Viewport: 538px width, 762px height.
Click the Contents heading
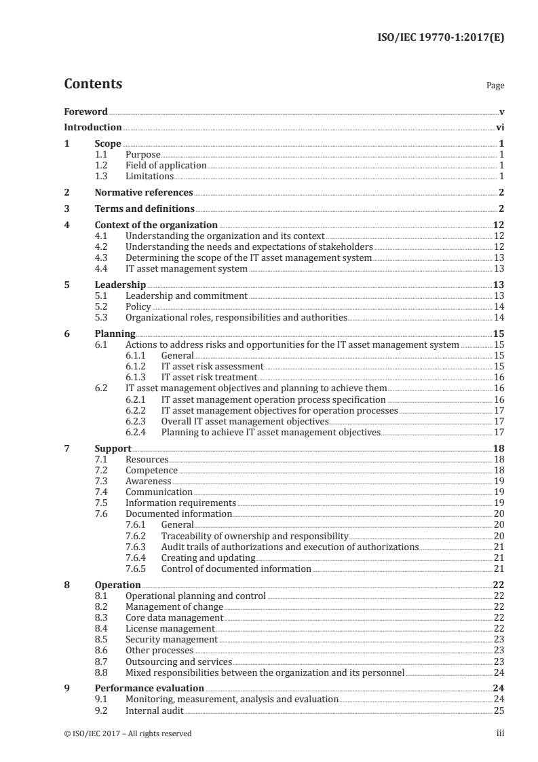[x=93, y=85]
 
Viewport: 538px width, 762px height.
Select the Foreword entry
[x=85, y=111]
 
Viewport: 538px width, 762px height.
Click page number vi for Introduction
[x=500, y=127]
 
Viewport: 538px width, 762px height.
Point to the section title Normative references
[x=144, y=192]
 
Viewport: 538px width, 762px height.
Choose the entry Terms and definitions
[x=145, y=208]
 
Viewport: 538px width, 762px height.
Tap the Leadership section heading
[x=120, y=285]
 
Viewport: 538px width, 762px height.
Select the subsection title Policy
[x=138, y=306]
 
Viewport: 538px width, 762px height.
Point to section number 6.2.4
[x=136, y=432]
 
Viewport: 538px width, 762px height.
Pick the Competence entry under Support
[x=152, y=470]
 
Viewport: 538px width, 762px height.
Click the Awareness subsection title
[x=149, y=481]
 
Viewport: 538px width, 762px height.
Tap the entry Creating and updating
[x=204, y=558]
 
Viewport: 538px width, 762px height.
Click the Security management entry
[x=172, y=639]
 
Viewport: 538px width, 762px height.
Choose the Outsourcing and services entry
[x=178, y=661]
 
